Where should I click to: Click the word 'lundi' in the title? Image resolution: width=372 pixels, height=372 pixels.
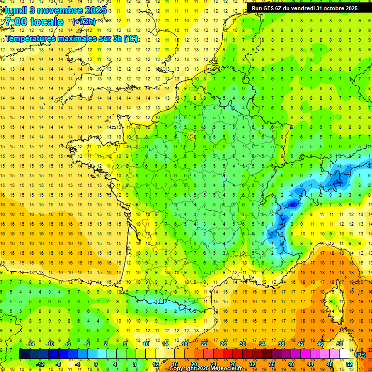coord(15,10)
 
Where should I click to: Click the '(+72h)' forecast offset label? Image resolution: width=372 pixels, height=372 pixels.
coord(84,22)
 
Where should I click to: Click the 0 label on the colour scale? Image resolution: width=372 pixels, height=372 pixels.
coord(96,364)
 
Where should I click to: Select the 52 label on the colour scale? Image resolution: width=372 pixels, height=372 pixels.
coord(349,364)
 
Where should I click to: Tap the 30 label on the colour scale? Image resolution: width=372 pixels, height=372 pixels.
coord(242,344)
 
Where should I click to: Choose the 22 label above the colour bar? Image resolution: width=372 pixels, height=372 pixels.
coord(204,344)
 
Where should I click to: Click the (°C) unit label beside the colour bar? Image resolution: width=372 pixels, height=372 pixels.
coord(361,354)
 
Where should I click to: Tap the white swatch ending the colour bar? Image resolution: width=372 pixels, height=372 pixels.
coord(344,354)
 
